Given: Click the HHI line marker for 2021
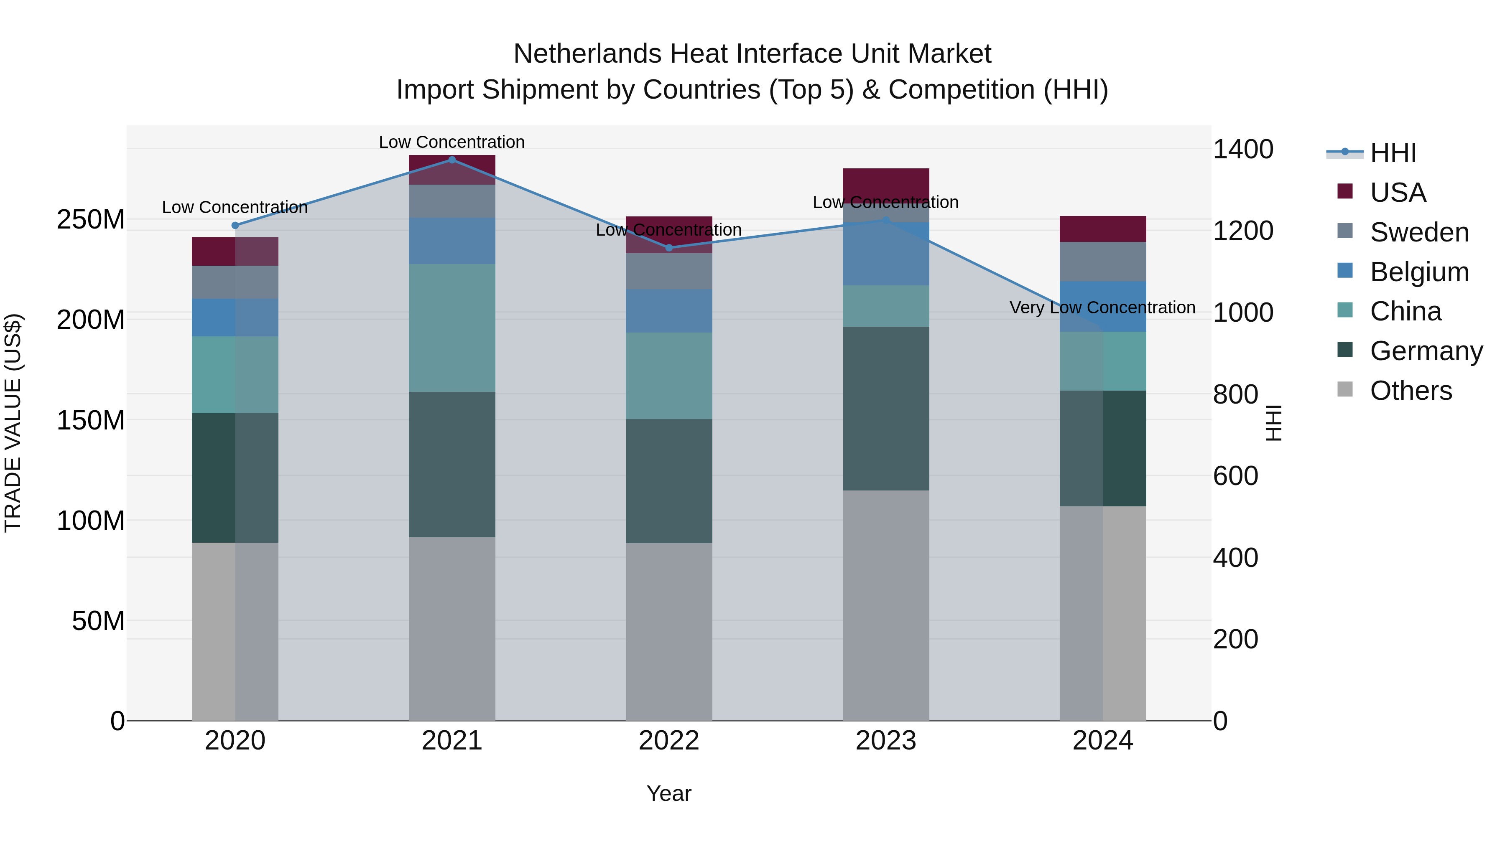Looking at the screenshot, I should coord(451,160).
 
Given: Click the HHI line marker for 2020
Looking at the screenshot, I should coord(235,225).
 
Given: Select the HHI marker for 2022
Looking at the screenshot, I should coord(669,248).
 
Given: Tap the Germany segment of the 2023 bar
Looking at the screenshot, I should coord(886,408).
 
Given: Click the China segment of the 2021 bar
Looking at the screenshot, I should coord(451,328).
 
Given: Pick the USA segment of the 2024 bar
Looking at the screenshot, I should coord(1102,229).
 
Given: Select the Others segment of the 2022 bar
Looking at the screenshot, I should coord(669,631).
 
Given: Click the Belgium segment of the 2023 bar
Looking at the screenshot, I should coord(886,254).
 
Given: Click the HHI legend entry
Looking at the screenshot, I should coord(1393,153).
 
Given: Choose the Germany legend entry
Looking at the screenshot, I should coord(1426,351).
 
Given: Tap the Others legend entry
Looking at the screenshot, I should coord(1411,391).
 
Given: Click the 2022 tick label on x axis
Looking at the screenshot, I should coord(669,741).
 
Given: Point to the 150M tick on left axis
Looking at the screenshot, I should coord(91,420).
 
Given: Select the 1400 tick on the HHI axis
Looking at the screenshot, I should coord(1243,150).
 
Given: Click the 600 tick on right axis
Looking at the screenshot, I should coord(1235,476).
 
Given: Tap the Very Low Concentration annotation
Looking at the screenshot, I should coord(1102,307).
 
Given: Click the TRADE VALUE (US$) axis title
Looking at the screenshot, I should coord(13,423).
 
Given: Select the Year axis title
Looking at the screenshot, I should coord(668,793).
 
